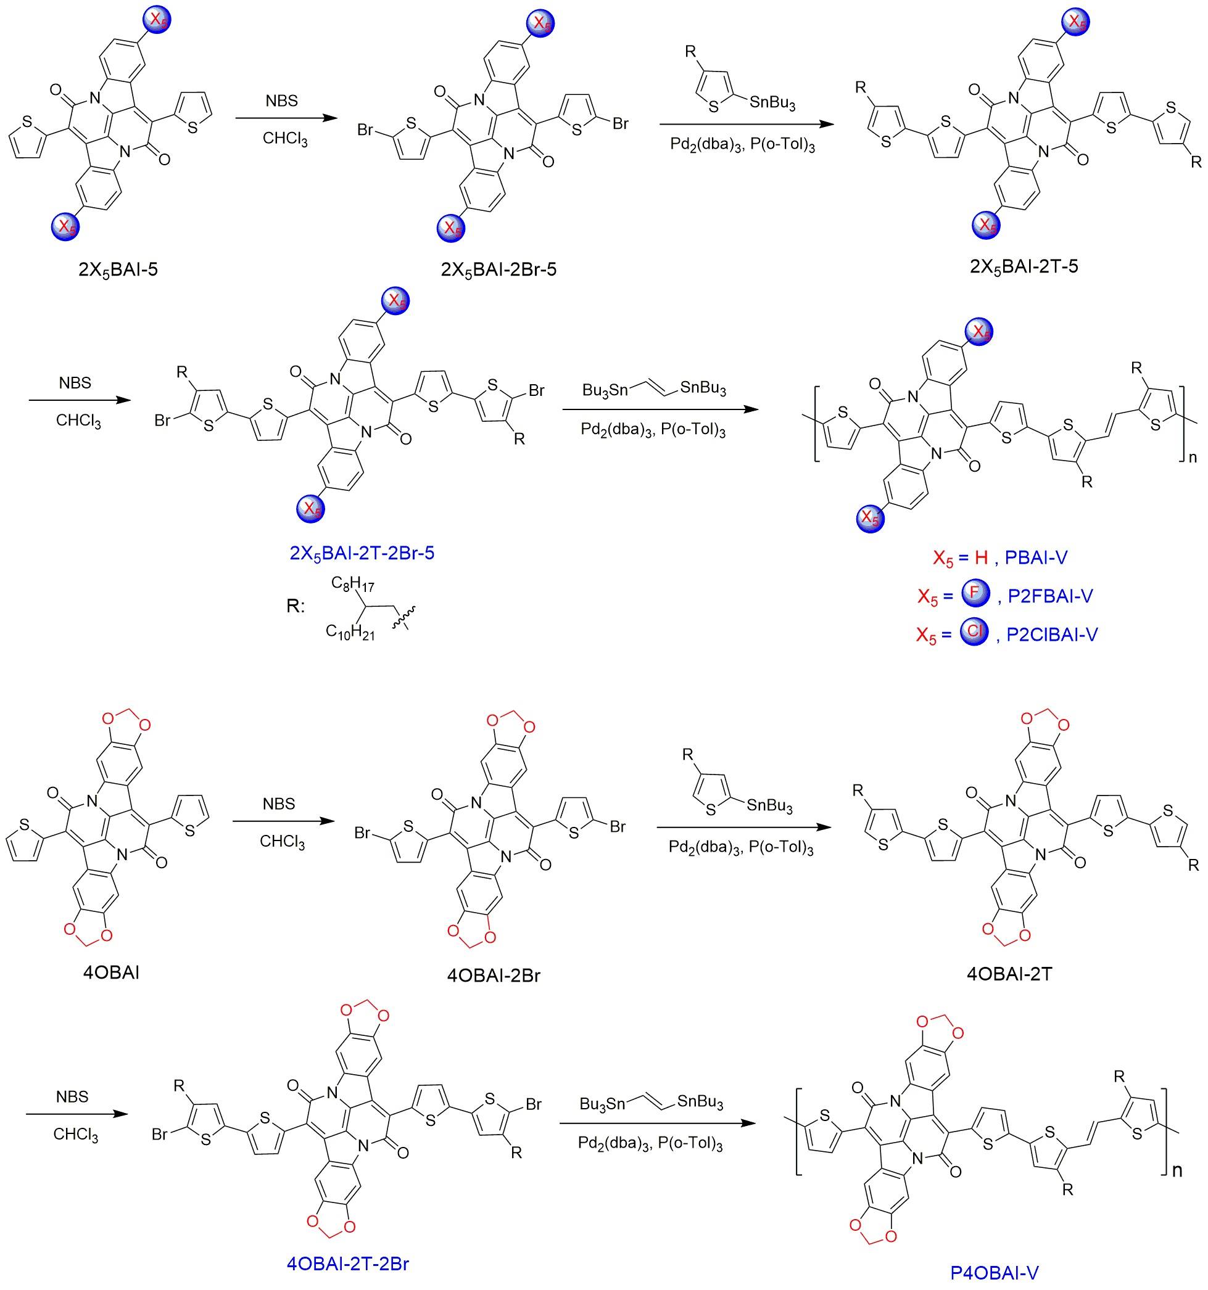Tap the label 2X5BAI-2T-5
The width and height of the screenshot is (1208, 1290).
(x=1024, y=266)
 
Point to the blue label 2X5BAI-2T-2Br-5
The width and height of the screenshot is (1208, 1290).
(x=362, y=553)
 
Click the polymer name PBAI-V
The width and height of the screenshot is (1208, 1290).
(x=1035, y=557)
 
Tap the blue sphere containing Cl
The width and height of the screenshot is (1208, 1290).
(x=974, y=632)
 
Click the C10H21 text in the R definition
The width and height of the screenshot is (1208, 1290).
(x=350, y=633)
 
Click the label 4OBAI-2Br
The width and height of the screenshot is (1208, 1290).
(x=494, y=976)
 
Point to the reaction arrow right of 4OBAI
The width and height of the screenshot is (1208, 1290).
(x=284, y=821)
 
